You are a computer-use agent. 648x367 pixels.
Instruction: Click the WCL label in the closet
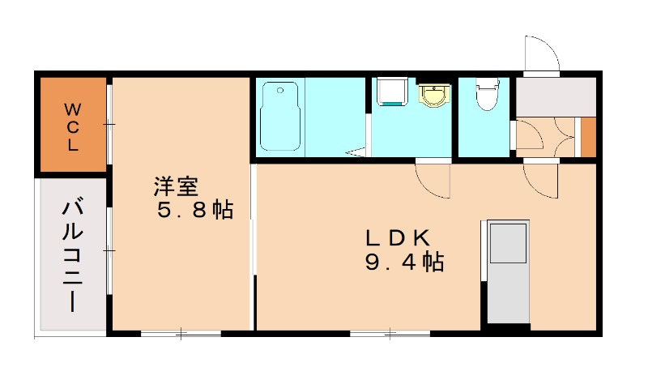tap(72, 127)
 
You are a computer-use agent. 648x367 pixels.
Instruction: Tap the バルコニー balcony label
tap(72, 254)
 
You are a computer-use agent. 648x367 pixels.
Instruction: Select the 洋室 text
tap(176, 187)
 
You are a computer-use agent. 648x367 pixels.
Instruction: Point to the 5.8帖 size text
tap(195, 211)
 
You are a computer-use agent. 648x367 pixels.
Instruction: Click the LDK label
tap(396, 238)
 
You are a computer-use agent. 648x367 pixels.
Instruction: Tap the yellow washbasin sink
tap(433, 96)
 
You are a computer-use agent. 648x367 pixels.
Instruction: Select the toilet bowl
tap(485, 96)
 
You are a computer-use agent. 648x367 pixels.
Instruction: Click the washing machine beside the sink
tap(390, 92)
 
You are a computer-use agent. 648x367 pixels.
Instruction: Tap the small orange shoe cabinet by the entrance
tap(589, 137)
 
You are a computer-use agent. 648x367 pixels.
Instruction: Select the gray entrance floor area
tap(556, 96)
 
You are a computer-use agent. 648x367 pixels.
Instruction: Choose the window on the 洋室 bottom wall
tap(181, 333)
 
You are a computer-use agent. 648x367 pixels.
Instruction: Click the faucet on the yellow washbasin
tap(434, 87)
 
